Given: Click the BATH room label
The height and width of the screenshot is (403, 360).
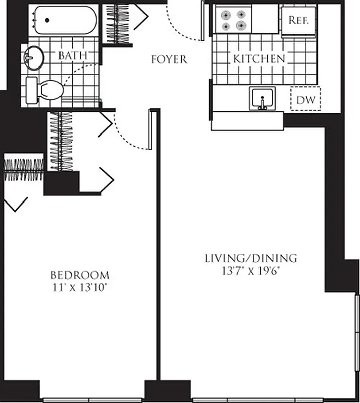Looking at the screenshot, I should click(x=73, y=55).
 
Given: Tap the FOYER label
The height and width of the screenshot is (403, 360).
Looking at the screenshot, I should click(x=169, y=59).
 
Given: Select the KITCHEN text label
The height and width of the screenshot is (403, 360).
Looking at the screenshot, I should click(x=259, y=58).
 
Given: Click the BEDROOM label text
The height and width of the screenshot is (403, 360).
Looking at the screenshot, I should click(x=80, y=275).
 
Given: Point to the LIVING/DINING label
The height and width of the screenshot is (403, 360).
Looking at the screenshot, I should click(x=251, y=259).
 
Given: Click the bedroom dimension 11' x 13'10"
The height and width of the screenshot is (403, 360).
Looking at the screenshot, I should click(x=80, y=288).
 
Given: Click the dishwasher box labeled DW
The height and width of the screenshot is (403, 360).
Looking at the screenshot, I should click(x=306, y=100).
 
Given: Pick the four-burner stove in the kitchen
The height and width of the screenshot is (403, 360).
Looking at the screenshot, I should click(x=233, y=20).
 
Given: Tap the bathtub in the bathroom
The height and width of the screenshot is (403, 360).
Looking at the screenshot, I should click(x=66, y=20).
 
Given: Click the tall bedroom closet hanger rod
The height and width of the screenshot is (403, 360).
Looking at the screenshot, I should click(x=61, y=141).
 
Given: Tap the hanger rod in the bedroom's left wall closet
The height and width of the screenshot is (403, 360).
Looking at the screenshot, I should click(x=24, y=170).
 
